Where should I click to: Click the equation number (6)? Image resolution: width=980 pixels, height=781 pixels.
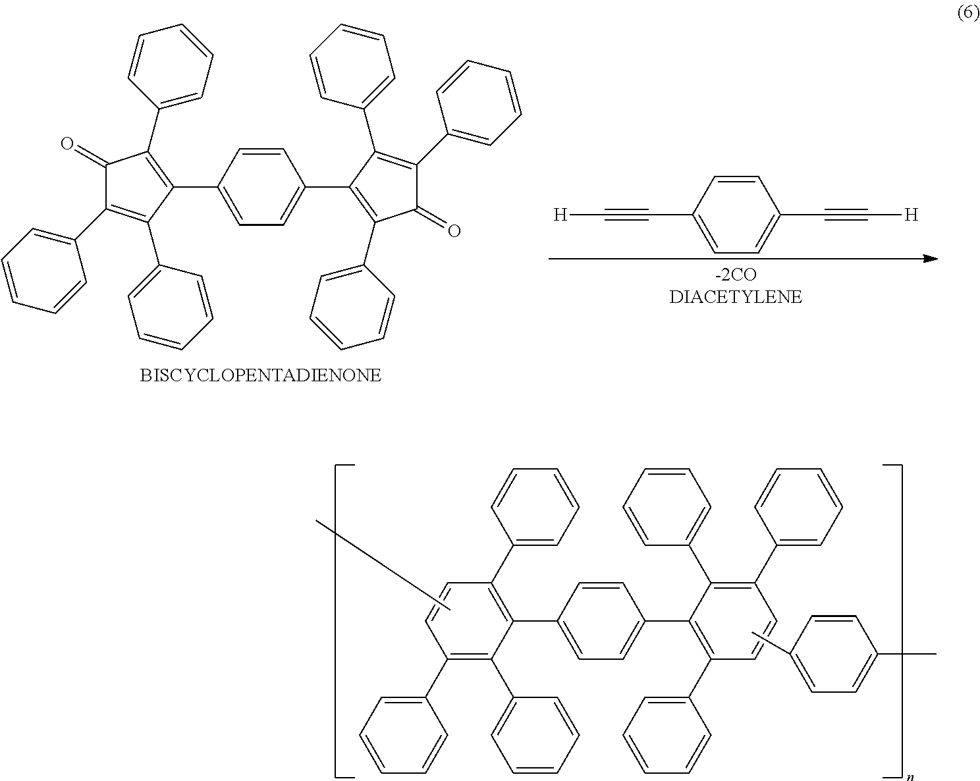tap(967, 14)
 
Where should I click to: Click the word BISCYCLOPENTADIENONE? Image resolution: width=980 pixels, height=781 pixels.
tap(261, 376)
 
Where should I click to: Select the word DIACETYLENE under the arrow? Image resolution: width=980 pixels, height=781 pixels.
tap(736, 297)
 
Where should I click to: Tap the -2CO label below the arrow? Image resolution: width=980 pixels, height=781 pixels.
tap(736, 275)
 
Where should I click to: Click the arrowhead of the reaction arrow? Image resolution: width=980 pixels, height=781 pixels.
tap(930, 259)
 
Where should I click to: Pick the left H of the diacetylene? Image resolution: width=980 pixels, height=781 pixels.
tap(560, 215)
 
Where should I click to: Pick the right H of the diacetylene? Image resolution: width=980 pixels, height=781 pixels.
tap(911, 215)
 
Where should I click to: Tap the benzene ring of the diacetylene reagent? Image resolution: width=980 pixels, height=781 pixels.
tap(736, 215)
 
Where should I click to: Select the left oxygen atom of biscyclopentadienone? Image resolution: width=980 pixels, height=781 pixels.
tap(67, 144)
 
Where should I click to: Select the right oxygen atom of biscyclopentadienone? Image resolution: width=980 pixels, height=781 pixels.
tap(454, 230)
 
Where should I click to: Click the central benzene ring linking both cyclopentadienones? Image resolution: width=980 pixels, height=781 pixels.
tap(261, 188)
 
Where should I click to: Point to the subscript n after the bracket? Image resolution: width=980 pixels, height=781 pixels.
tap(910, 777)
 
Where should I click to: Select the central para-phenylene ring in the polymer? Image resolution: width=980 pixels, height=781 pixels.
tap(600, 621)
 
